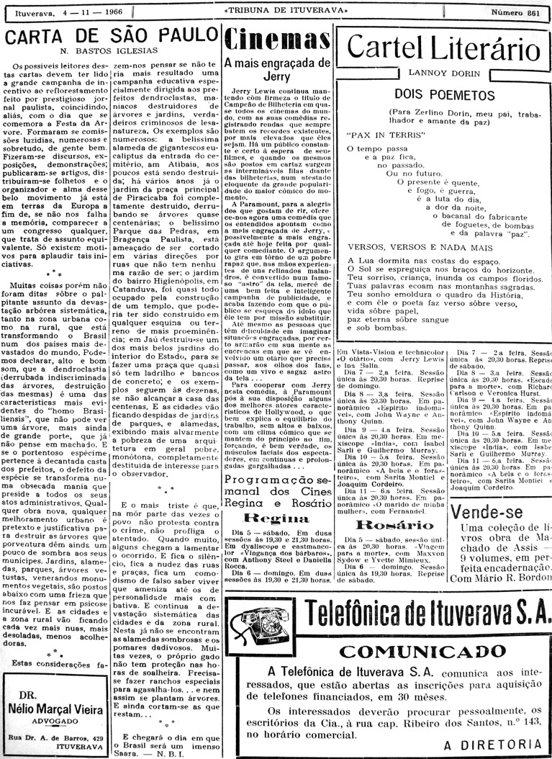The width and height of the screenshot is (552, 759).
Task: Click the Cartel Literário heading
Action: [443, 48]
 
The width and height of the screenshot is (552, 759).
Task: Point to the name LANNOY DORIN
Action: [443, 72]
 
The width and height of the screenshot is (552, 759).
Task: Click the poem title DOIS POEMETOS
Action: [443, 94]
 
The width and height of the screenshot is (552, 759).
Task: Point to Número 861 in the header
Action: [515, 13]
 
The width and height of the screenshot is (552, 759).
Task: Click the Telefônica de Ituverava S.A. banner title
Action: [425, 613]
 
